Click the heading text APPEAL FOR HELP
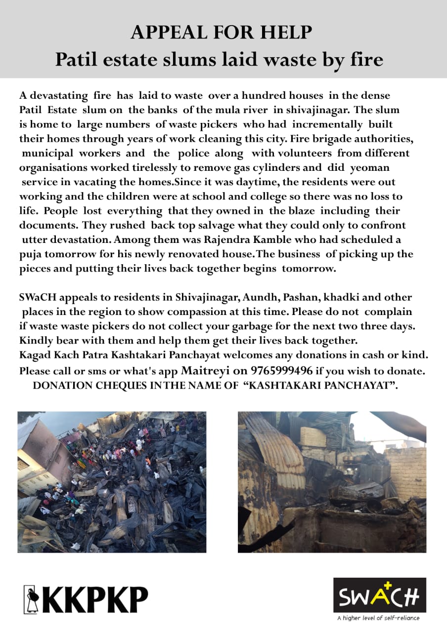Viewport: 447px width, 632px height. (x=222, y=33)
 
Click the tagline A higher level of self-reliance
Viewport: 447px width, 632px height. (x=378, y=618)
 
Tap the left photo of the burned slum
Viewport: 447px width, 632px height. (x=112, y=481)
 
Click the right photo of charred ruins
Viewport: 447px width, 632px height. (x=331, y=481)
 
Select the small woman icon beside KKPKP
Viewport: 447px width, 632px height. (x=30, y=599)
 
